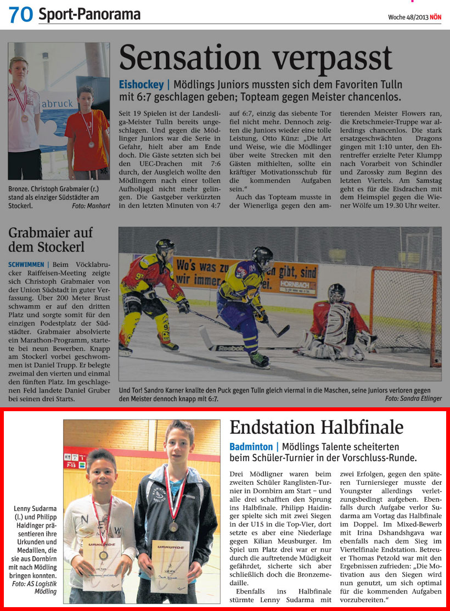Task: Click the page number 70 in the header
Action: [x=20, y=15]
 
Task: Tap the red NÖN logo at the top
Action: [x=435, y=16]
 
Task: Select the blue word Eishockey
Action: [x=141, y=85]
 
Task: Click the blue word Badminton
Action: [x=252, y=447]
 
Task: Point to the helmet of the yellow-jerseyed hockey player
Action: [x=262, y=255]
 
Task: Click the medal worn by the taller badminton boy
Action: [x=173, y=526]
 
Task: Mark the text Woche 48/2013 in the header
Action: [x=408, y=16]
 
